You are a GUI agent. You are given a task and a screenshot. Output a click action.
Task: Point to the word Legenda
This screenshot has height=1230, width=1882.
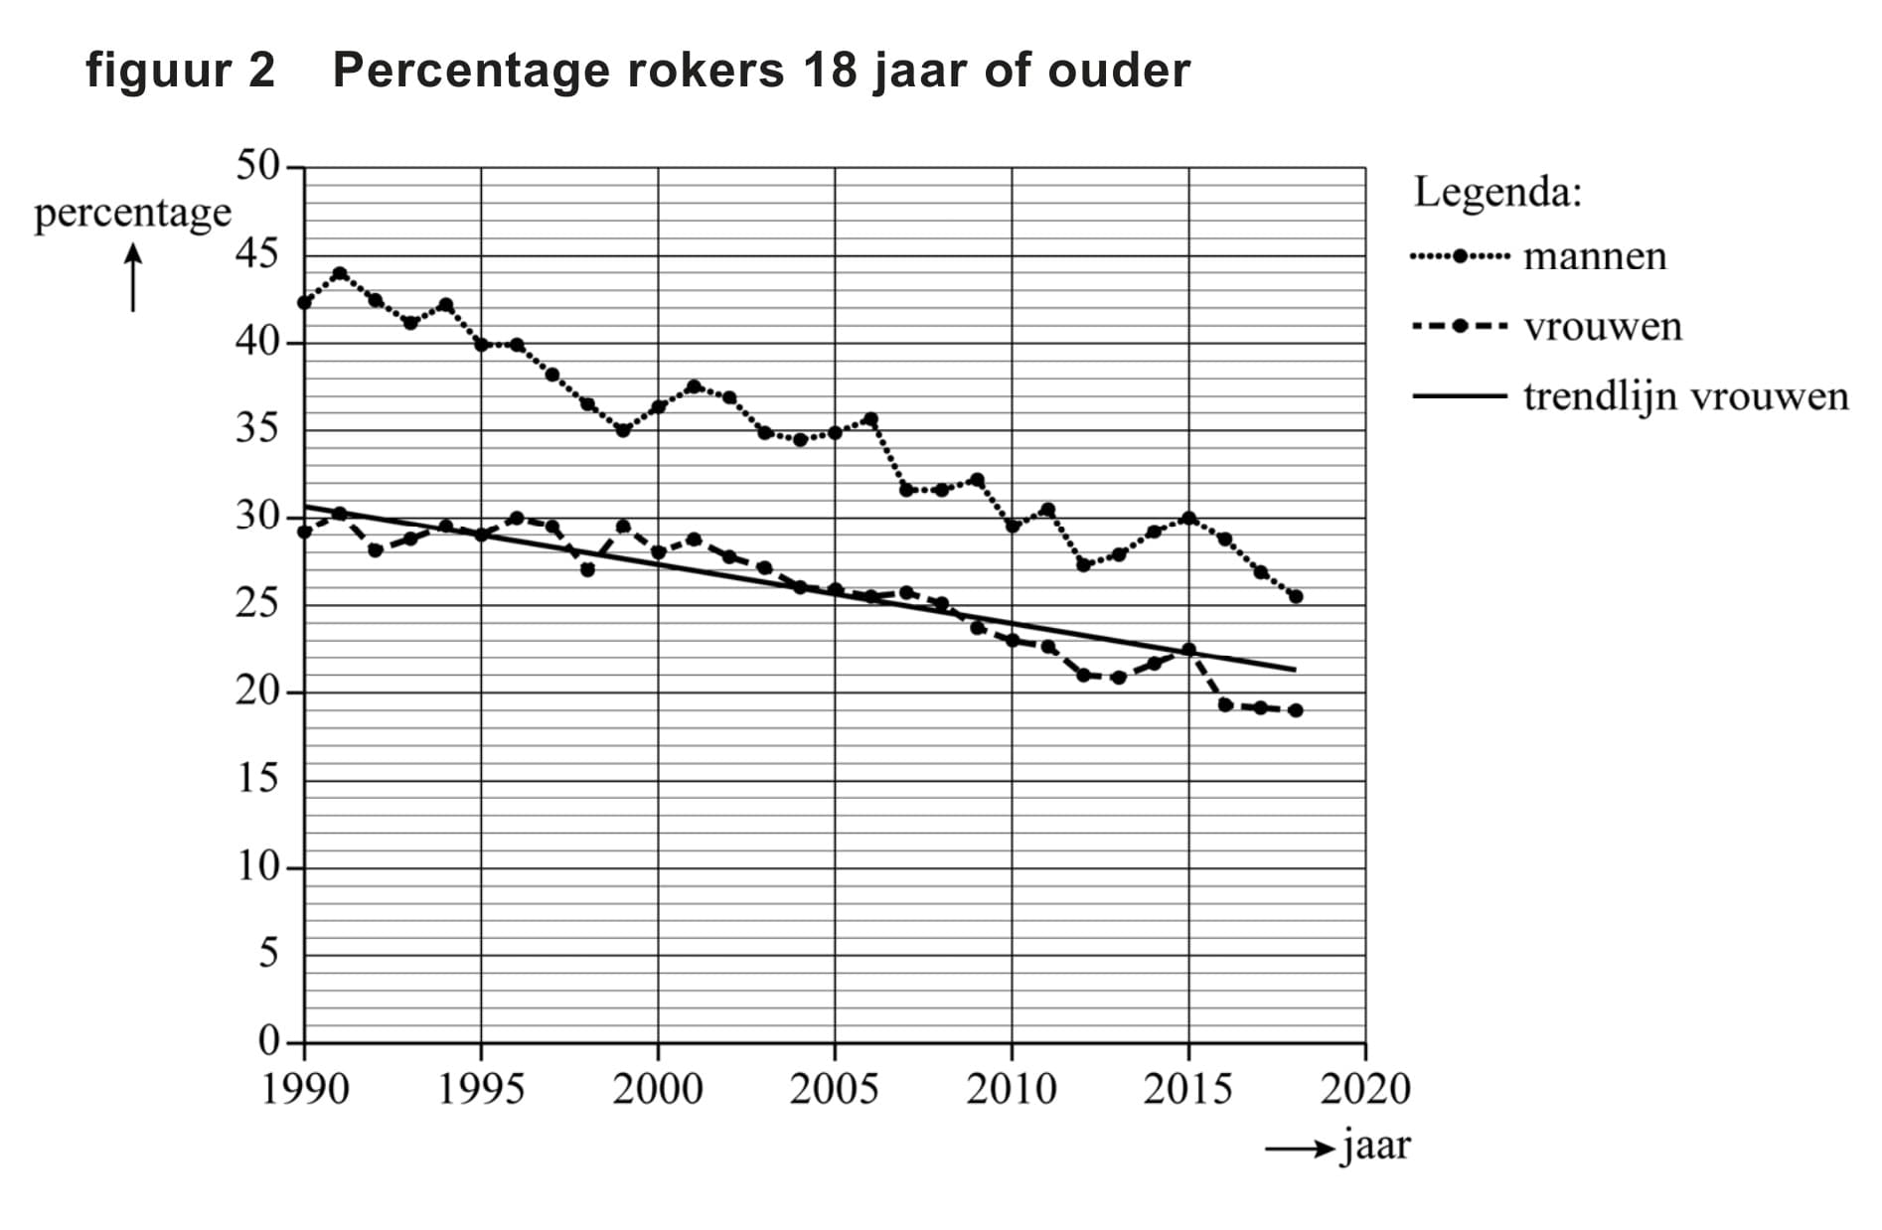click(x=1496, y=192)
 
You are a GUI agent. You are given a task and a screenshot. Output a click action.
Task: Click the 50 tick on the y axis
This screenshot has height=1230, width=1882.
click(x=258, y=166)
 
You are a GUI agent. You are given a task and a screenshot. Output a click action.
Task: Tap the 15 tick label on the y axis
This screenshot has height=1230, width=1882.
click(x=258, y=779)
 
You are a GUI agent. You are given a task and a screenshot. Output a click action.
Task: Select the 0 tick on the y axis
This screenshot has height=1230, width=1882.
click(x=269, y=1041)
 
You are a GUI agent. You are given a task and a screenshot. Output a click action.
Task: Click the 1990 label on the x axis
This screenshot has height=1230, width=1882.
click(x=305, y=1090)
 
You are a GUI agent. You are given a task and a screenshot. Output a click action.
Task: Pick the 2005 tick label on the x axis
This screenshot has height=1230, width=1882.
click(x=835, y=1090)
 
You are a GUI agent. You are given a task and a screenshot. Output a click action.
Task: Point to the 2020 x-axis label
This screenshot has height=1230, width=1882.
click(x=1365, y=1090)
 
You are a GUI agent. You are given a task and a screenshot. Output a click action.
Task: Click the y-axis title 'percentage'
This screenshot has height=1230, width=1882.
click(x=132, y=214)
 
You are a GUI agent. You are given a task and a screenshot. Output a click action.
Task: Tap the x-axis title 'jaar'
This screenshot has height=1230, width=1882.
click(x=1376, y=1147)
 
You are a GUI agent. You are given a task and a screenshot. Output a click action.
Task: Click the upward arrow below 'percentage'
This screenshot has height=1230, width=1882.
click(x=133, y=278)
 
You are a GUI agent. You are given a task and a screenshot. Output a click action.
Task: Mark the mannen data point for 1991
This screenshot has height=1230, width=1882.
click(x=340, y=273)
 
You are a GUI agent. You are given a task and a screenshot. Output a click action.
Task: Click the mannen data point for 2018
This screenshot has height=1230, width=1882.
click(x=1296, y=597)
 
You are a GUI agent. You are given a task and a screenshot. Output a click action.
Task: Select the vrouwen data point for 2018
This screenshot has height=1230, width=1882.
click(x=1296, y=710)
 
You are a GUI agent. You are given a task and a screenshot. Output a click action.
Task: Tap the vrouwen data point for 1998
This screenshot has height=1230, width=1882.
click(x=587, y=570)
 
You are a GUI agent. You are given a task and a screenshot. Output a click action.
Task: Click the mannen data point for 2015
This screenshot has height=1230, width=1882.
click(x=1188, y=518)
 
